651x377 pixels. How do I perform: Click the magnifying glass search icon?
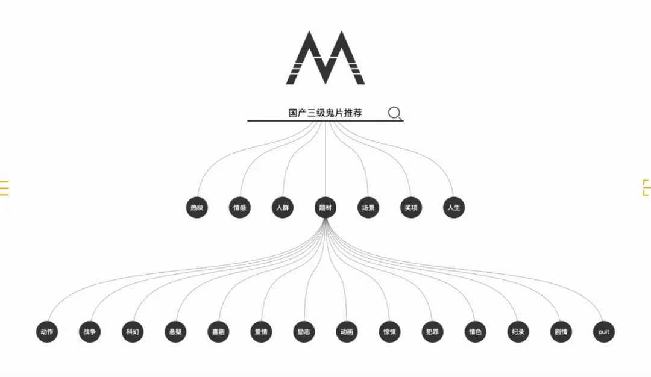click(x=395, y=113)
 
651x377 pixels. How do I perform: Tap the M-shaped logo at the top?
click(x=325, y=58)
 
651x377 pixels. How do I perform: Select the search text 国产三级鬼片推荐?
click(x=325, y=113)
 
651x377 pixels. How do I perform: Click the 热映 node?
click(x=197, y=208)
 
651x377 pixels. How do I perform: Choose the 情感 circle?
click(x=240, y=208)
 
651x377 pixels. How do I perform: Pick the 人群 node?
click(x=283, y=208)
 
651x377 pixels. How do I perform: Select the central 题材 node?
click(x=325, y=208)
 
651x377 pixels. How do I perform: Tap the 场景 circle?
click(x=368, y=208)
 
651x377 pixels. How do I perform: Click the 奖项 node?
click(x=411, y=208)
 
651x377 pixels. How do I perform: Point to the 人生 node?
click(x=454, y=208)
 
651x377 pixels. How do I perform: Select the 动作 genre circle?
click(x=47, y=332)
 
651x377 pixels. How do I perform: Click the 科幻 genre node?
click(x=133, y=332)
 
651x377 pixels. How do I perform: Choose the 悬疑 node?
click(x=175, y=332)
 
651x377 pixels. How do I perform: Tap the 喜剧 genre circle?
click(x=218, y=332)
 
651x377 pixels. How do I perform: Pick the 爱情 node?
click(x=261, y=332)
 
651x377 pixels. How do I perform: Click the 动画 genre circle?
click(x=347, y=332)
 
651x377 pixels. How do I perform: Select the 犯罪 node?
click(x=432, y=332)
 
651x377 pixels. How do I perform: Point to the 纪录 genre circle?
click(x=518, y=332)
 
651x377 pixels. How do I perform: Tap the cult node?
click(x=603, y=332)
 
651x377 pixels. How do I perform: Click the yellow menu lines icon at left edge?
click(x=4, y=188)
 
